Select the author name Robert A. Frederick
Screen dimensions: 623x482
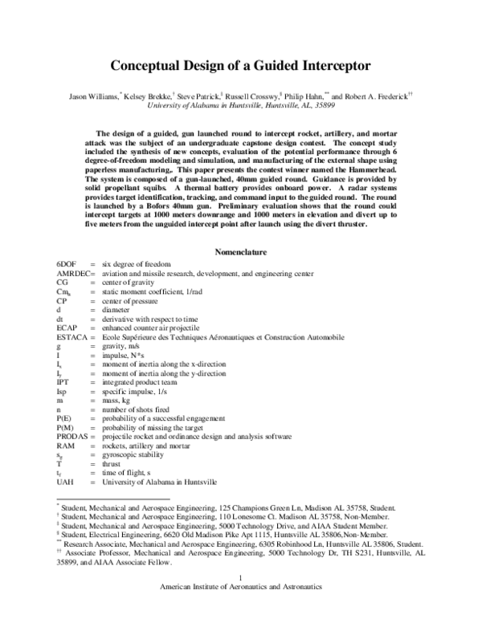375,95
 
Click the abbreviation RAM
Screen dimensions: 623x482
65,445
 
